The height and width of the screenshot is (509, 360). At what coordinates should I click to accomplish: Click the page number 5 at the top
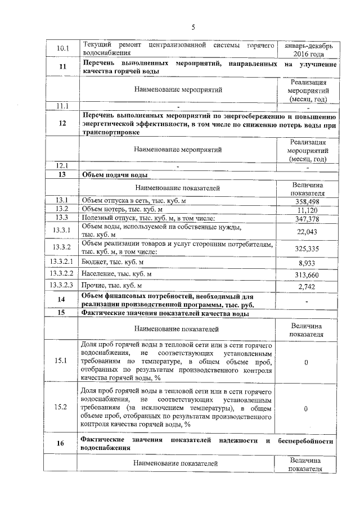[193, 27]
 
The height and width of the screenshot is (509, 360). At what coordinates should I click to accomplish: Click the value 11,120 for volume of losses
[307, 210]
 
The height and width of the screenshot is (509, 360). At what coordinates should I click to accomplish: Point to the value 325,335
[307, 248]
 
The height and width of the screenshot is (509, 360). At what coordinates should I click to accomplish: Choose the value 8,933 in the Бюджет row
[307, 262]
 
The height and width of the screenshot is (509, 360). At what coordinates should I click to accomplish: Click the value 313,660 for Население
[307, 274]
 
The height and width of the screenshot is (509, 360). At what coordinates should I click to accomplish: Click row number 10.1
[62, 49]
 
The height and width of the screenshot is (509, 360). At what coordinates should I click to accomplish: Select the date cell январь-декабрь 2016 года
[307, 49]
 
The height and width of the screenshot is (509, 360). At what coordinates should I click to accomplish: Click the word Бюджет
[94, 262]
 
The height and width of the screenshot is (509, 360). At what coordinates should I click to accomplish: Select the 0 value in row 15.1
[306, 363]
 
